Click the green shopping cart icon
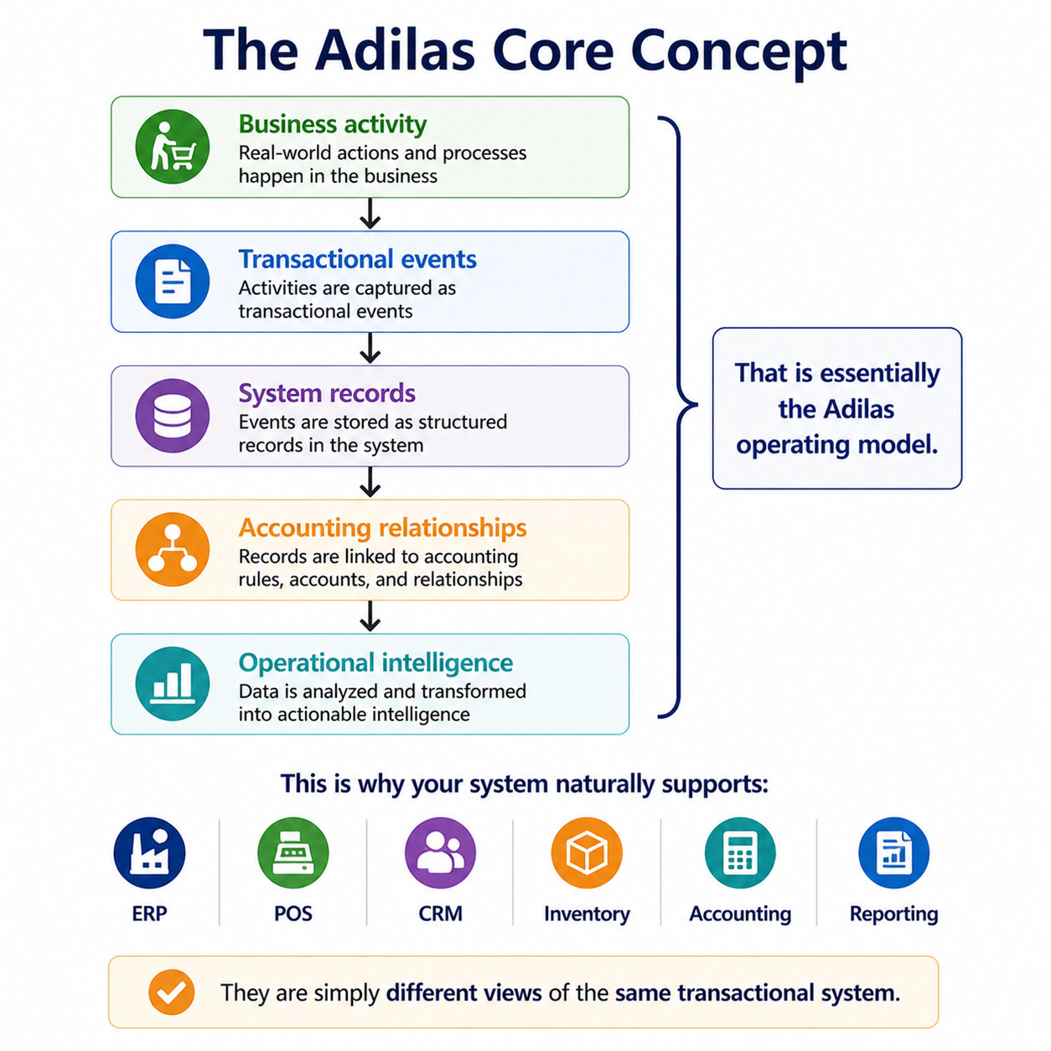173,147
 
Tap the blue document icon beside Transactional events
173,282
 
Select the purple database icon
173,416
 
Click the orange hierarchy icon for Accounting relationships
173,550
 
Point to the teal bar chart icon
173,684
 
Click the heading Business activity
333,124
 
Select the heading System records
327,393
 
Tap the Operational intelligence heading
375,663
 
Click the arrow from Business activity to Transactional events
370,214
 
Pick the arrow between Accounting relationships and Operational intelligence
370,617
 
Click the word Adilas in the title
395,50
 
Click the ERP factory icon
149,853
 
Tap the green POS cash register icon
293,853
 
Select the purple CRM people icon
440,853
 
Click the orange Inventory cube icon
587,853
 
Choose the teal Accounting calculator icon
740,853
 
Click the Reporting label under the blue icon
893,914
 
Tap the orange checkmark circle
171,992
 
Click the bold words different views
464,992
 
